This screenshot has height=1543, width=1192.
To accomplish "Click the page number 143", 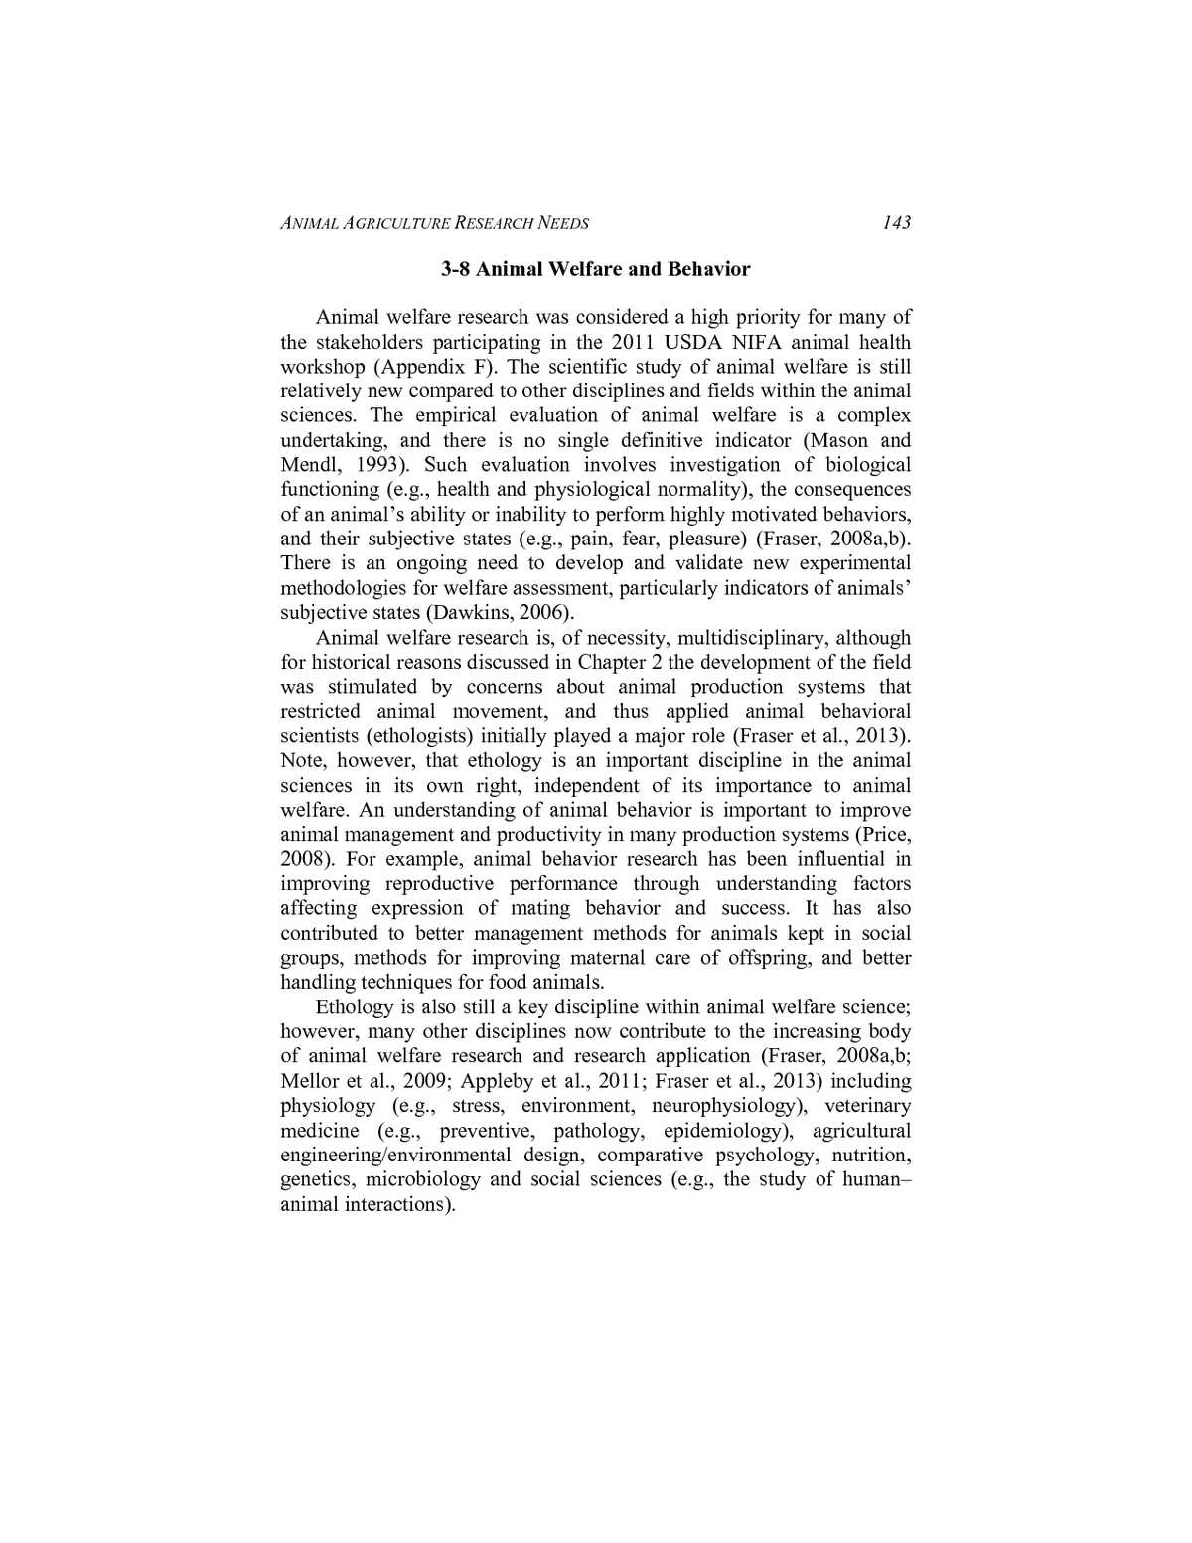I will pos(896,222).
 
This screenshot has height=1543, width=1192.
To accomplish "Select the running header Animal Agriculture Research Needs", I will pos(435,223).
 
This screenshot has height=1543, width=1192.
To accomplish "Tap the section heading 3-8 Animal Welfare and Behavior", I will pos(596,269).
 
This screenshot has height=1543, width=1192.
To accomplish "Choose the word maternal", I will pos(605,958).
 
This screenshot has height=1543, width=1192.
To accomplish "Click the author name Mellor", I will pos(309,1081).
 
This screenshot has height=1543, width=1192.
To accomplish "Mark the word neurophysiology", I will pos(724,1106).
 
